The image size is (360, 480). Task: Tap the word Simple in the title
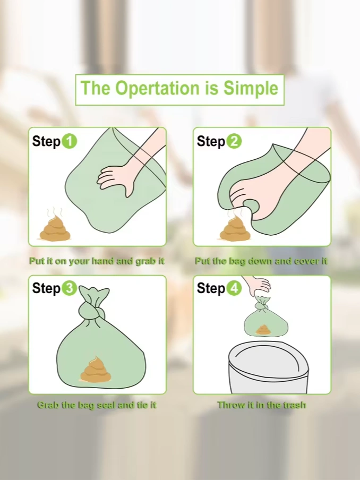tap(251, 88)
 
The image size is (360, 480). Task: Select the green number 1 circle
tap(70, 141)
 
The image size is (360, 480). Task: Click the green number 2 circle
tap(234, 141)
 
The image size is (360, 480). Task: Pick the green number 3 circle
tap(70, 288)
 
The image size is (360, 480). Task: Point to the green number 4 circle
tap(234, 288)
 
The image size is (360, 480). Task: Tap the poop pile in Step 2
tap(235, 229)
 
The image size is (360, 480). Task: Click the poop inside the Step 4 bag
tap(263, 330)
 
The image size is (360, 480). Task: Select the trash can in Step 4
tap(268, 367)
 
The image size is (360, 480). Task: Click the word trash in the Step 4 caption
tap(295, 405)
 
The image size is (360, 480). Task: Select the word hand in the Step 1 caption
tap(102, 261)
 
